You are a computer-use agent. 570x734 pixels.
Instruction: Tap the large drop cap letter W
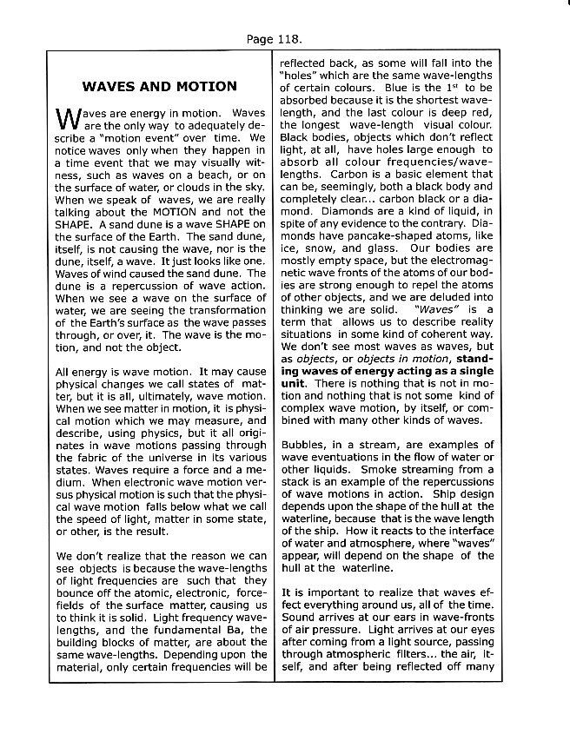click(66, 120)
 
